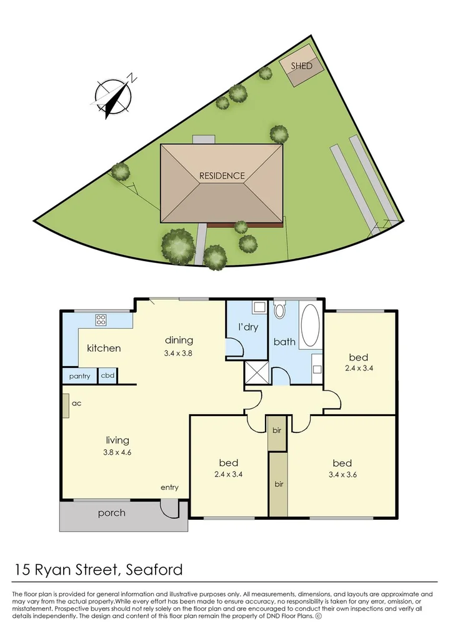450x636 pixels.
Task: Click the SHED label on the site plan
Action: point(301,66)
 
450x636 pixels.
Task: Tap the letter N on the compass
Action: point(132,78)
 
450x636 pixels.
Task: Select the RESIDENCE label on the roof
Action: point(222,176)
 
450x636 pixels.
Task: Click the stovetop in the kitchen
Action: point(101,320)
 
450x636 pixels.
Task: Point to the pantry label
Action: point(79,376)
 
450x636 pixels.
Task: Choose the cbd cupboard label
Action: point(107,376)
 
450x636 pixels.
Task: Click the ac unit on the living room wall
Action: point(65,404)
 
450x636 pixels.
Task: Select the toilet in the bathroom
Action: point(279,311)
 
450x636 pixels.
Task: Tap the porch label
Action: point(111,514)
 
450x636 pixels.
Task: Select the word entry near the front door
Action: point(169,487)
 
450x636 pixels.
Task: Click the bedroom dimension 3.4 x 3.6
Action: point(342,474)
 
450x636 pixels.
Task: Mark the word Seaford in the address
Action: point(154,569)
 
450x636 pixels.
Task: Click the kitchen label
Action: point(104,348)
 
